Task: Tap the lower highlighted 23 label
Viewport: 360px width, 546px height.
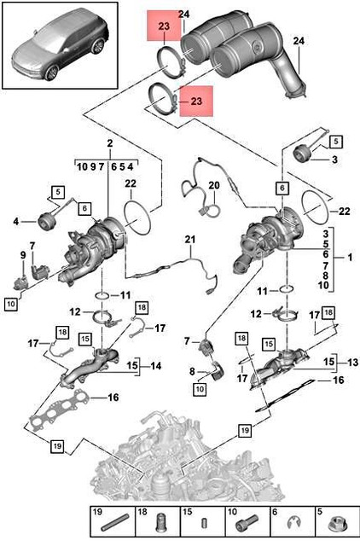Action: click(197, 101)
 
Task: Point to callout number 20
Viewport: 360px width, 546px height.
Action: click(214, 184)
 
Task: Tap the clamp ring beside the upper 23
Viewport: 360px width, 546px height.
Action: click(168, 61)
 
